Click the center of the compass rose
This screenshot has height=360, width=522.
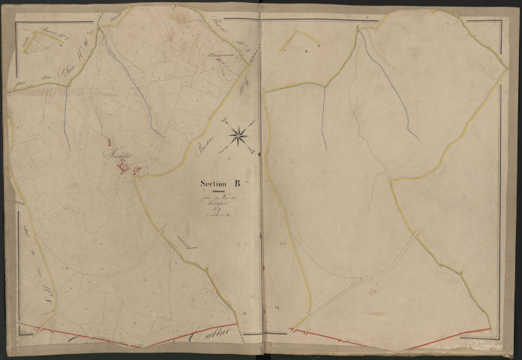(239, 135)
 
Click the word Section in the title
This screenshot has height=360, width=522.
(214, 182)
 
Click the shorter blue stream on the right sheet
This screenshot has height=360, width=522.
(323, 116)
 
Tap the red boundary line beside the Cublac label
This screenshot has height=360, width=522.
(187, 335)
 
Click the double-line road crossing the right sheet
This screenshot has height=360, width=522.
(360, 277)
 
